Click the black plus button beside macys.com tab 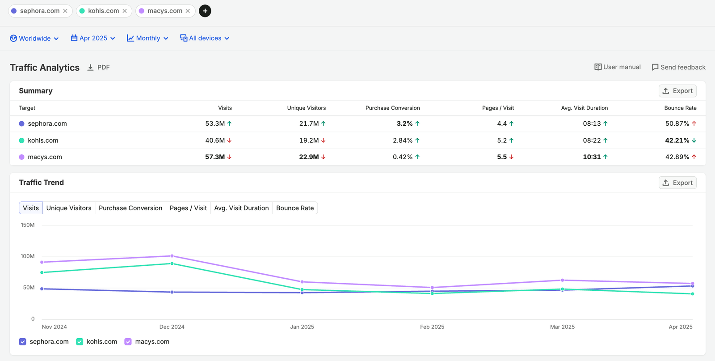coord(205,11)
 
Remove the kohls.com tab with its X coord(125,11)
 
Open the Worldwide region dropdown coord(34,38)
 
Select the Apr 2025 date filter coord(93,38)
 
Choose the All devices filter coord(205,38)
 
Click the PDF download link coord(99,68)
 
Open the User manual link coord(617,67)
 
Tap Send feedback coord(679,67)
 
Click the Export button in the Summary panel coord(677,91)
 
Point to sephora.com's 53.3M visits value coord(215,123)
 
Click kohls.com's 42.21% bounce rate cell coord(677,140)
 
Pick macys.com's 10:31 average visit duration coord(592,157)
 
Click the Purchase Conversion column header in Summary coord(393,108)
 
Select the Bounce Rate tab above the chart coord(295,208)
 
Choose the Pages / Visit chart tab coord(188,208)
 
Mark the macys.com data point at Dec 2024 coord(172,256)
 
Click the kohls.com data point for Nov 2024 coord(42,272)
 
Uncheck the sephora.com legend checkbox coord(22,342)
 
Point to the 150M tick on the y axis coord(28,225)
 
